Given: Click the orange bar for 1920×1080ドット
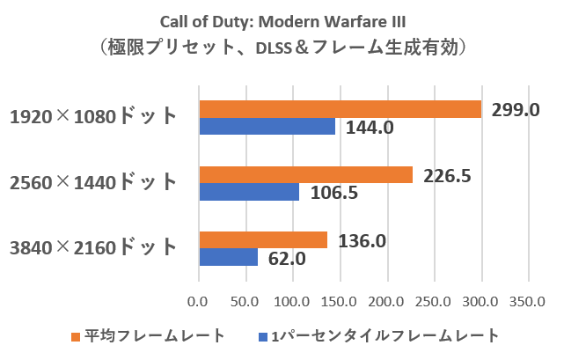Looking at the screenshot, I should pyautogui.click(x=341, y=109).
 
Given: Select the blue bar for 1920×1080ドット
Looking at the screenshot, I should pyautogui.click(x=267, y=127).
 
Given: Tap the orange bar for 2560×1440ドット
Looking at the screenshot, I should pyautogui.click(x=306, y=175).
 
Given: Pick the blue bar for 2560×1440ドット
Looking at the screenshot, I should pyautogui.click(x=250, y=192).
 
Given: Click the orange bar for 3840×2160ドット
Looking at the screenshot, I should pyautogui.click(x=264, y=240).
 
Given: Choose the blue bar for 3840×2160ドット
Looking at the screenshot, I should pyautogui.click(x=229, y=257).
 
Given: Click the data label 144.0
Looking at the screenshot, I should pyautogui.click(x=369, y=128).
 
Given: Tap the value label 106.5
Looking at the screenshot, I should pyautogui.click(x=333, y=193).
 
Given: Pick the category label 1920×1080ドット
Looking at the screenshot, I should pyautogui.click(x=94, y=117).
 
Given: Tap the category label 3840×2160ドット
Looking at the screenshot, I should pyautogui.click(x=94, y=248).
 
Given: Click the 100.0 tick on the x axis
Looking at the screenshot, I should pyautogui.click(x=294, y=302).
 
